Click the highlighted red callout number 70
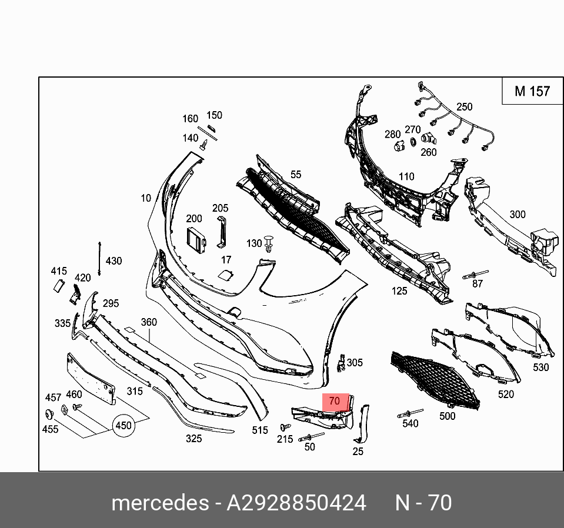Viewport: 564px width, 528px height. tap(335, 401)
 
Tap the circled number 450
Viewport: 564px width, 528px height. tap(123, 425)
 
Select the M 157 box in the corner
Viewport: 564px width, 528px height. tap(532, 91)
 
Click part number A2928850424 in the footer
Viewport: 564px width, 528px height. tap(296, 503)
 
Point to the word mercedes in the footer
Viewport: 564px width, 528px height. tap(159, 503)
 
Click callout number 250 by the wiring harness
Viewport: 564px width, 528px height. tap(464, 106)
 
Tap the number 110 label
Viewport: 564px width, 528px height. tap(406, 176)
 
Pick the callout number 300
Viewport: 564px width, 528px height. tap(517, 215)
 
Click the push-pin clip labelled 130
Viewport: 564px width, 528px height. tap(269, 243)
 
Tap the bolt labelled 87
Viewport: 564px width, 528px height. tap(474, 274)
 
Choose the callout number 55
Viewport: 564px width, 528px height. tap(296, 175)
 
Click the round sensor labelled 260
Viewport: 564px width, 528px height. tap(428, 140)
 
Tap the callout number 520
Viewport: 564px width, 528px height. tap(506, 395)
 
